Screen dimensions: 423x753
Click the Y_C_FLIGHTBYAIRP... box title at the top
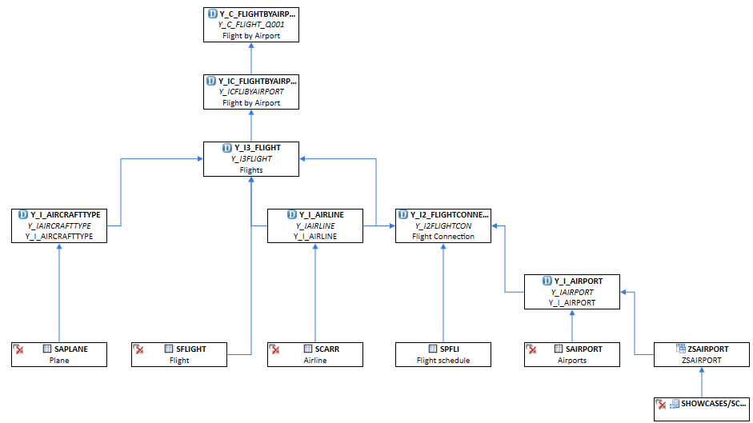[x=257, y=14]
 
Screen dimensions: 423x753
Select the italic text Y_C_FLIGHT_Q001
[x=251, y=25]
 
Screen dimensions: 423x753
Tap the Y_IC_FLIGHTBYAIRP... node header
[x=257, y=81]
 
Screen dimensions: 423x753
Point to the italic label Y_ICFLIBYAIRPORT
[x=251, y=92]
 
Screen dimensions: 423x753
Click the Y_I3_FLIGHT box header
[x=257, y=148]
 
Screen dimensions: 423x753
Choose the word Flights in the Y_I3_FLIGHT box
[x=251, y=170]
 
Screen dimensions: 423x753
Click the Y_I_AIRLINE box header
[x=321, y=214]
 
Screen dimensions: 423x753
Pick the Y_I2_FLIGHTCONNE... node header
[x=449, y=214]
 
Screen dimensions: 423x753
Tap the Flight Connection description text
[x=443, y=237]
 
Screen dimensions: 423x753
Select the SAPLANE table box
[x=59, y=354]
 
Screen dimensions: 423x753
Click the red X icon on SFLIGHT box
[x=139, y=349]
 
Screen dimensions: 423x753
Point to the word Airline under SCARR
[x=315, y=361]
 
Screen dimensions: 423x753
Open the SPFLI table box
[x=443, y=354]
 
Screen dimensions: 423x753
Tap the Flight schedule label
[x=443, y=361]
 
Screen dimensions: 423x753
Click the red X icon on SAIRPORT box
[x=531, y=349]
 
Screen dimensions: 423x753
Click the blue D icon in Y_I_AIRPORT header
[x=547, y=281]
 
